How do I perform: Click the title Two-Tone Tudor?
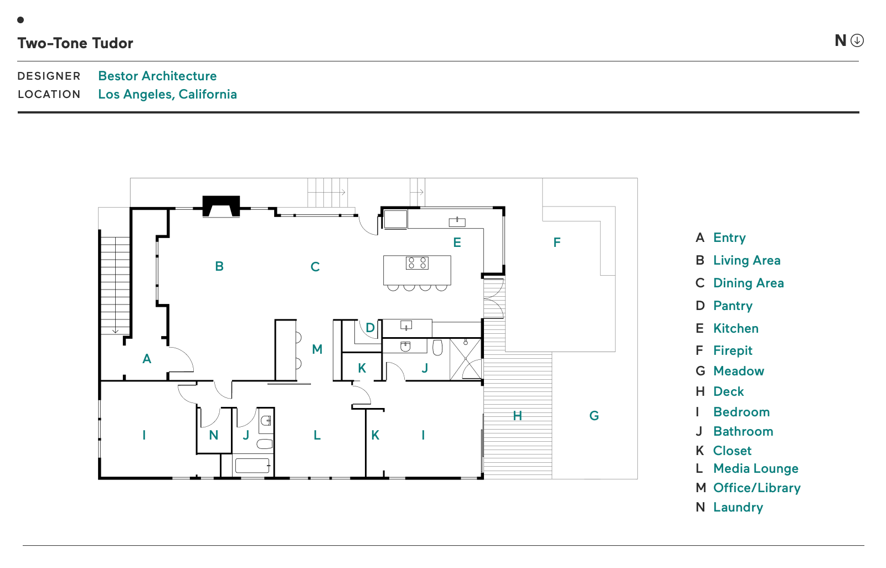75,43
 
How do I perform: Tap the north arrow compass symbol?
857,40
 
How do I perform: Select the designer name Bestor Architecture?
157,76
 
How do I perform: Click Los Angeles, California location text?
167,94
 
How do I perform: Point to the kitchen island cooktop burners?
417,263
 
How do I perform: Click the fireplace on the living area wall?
221,205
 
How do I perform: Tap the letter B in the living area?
219,266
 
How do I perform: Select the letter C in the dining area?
315,267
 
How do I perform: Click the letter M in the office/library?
317,349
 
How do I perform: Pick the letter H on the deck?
517,416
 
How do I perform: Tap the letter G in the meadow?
594,416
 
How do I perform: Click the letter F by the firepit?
557,242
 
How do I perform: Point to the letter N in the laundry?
214,435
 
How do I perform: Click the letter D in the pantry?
370,328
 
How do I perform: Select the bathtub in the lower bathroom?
252,465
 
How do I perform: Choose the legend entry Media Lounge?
755,468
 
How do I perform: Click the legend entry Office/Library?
756,488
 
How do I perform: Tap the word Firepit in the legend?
733,350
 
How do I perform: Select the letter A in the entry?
147,359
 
